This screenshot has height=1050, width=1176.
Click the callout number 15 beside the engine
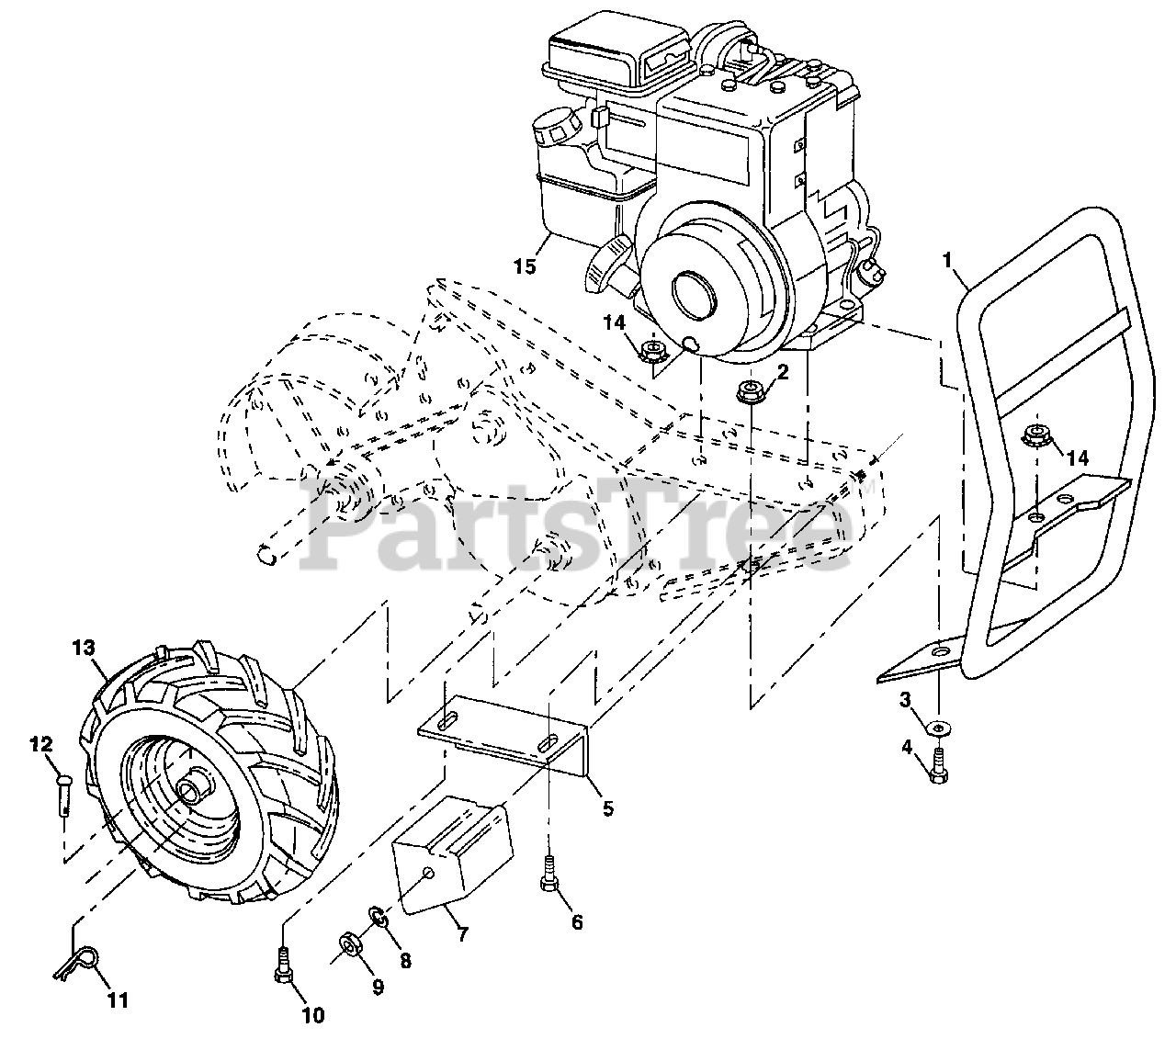tap(525, 266)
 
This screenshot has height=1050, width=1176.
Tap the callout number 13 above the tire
tap(84, 649)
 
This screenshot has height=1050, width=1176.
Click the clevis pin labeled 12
tap(62, 788)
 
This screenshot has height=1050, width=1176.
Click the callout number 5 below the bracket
tap(607, 809)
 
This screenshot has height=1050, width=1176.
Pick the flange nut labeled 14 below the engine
tap(652, 349)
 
